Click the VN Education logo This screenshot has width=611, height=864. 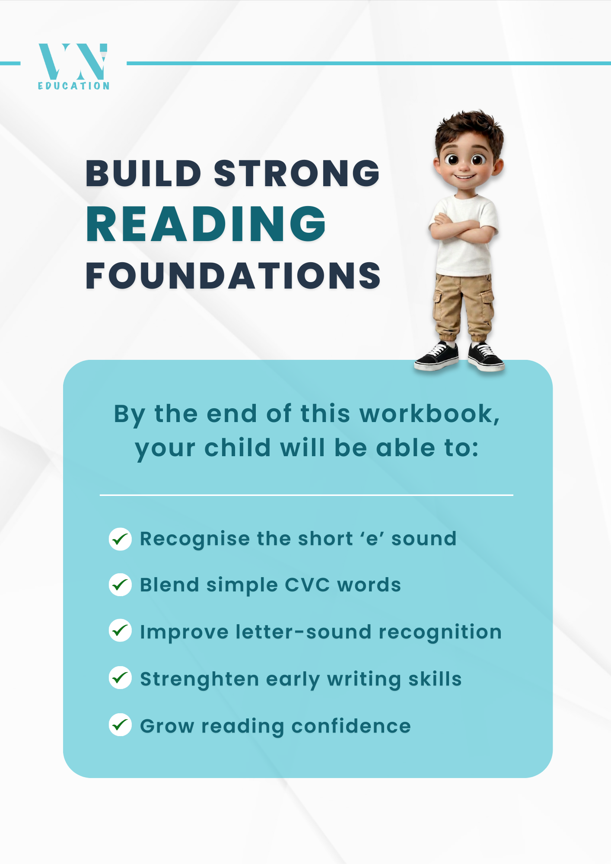73,66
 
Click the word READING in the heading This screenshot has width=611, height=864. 206,224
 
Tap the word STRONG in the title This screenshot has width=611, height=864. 296,174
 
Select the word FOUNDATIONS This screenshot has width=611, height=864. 233,276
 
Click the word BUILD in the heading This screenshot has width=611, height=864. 143,174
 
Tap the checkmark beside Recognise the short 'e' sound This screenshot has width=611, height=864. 120,539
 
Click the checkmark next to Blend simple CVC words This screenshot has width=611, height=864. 120,585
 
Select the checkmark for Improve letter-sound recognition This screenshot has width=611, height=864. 120,631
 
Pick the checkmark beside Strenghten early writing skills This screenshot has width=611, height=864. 120,678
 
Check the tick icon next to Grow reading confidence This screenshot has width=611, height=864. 120,724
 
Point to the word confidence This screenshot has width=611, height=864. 351,726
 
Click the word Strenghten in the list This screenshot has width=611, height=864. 199,679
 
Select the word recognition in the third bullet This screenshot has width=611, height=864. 440,632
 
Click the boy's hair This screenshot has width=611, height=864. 469,127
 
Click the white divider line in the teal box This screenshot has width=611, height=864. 306,495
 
